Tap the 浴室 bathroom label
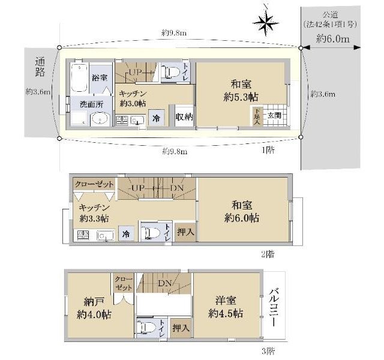tap(100, 78)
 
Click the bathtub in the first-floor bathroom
tap(79, 78)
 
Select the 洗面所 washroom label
tap(92, 104)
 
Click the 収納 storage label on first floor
tap(184, 117)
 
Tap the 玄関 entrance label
tap(274, 115)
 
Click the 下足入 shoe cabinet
tap(257, 116)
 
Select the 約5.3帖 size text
tap(241, 97)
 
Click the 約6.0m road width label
tap(333, 38)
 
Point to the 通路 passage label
tap(40, 67)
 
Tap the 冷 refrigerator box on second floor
tap(126, 234)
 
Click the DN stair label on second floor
tap(177, 188)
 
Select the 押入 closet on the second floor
tap(185, 232)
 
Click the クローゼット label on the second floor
tap(94, 184)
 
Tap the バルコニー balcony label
tap(274, 308)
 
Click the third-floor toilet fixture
tap(146, 328)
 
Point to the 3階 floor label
tap(268, 351)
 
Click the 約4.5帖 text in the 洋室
tap(226, 313)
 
